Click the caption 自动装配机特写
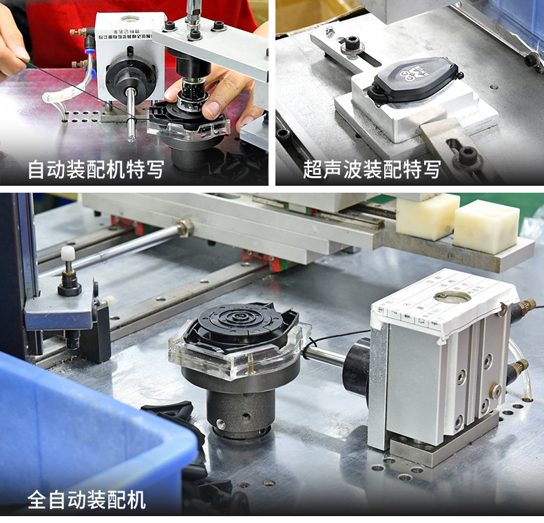tap(96, 169)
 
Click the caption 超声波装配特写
tap(371, 169)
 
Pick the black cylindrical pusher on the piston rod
tap(357, 365)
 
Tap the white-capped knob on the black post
tap(67, 253)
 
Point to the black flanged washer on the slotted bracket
tap(353, 43)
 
